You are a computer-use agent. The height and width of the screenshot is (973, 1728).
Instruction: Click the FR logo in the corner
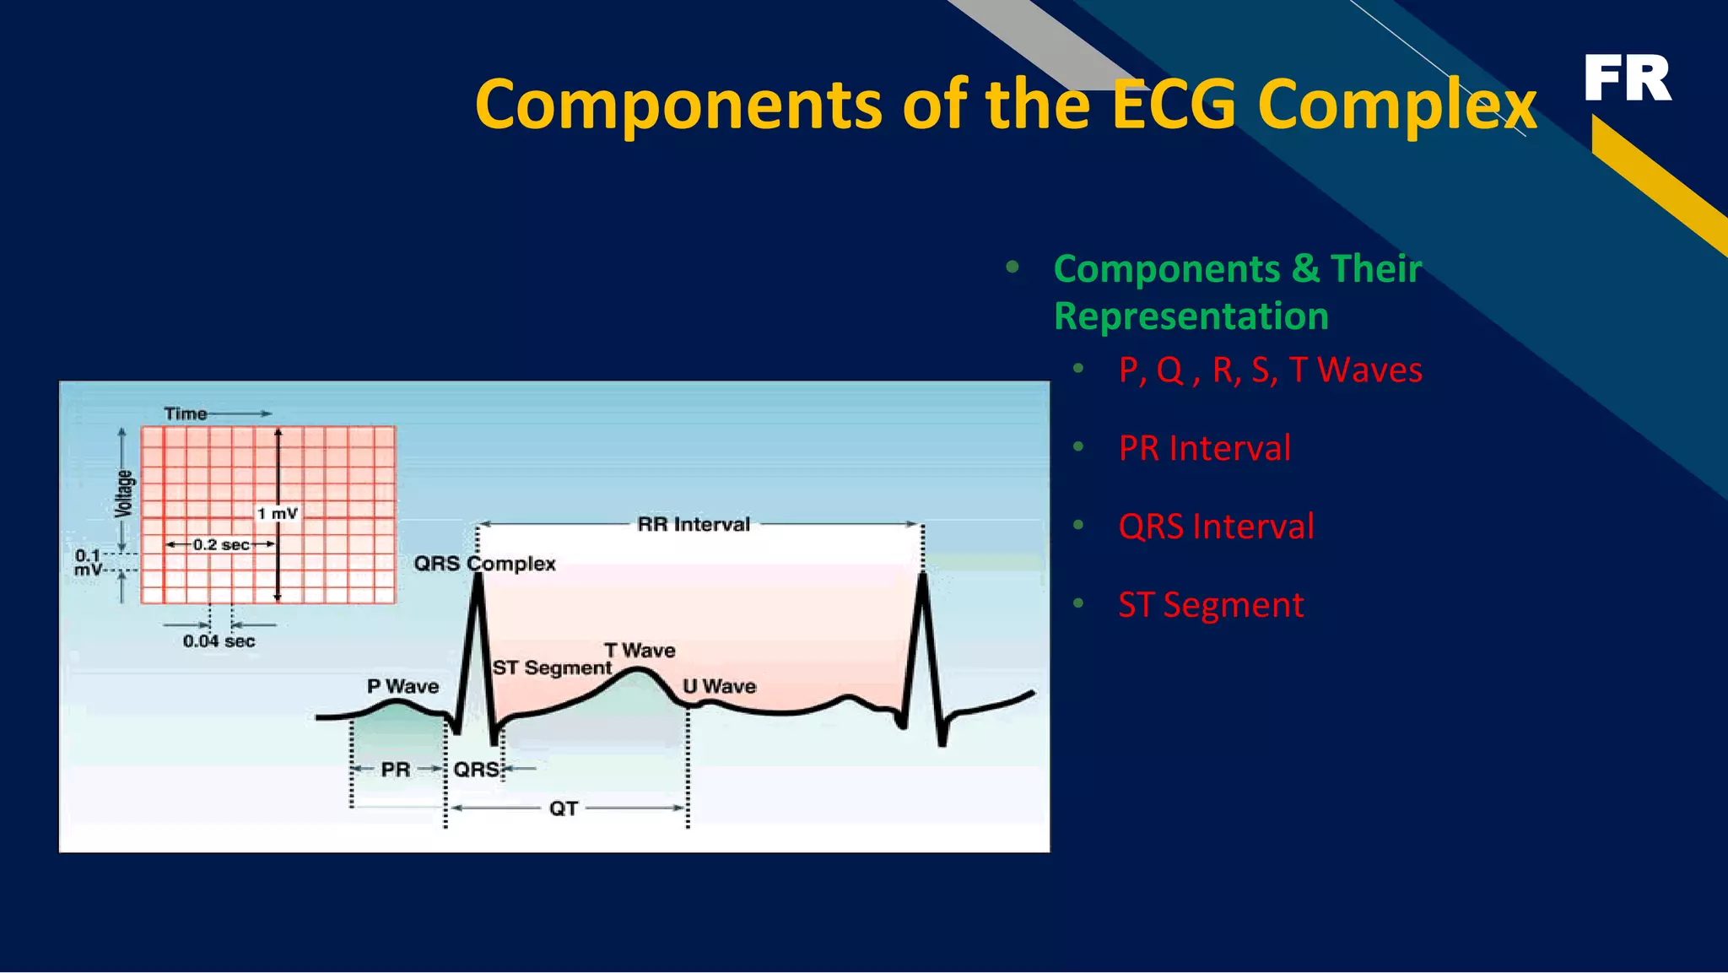click(x=1627, y=78)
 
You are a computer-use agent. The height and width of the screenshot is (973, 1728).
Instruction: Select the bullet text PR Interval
click(x=1204, y=448)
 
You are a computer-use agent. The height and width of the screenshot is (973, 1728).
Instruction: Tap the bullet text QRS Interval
click(x=1216, y=527)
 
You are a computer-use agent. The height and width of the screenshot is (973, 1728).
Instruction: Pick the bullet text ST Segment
click(x=1211, y=605)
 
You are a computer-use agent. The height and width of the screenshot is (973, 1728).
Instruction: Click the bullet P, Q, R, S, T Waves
click(x=1270, y=370)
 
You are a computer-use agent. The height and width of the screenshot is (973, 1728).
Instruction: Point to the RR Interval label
click(x=694, y=524)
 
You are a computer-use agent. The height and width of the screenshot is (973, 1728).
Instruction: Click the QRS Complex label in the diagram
click(x=484, y=563)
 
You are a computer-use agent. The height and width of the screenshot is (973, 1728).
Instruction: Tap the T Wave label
click(x=640, y=651)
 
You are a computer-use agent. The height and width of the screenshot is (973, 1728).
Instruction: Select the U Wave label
click(x=720, y=686)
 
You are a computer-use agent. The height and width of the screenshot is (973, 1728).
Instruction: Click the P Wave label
click(x=402, y=686)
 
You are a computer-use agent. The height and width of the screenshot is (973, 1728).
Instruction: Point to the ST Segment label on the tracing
click(x=552, y=668)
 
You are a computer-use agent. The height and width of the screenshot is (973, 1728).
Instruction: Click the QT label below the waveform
click(x=564, y=808)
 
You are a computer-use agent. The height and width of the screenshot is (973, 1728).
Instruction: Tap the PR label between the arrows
click(x=395, y=770)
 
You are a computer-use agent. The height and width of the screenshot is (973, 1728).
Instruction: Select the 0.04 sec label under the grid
click(x=219, y=641)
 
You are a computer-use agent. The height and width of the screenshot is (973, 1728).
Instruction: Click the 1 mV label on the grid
click(x=278, y=513)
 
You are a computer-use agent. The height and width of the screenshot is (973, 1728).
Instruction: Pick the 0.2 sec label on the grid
click(x=221, y=545)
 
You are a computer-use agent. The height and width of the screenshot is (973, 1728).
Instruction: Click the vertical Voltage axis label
click(x=124, y=494)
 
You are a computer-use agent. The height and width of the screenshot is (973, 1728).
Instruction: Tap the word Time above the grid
click(x=186, y=414)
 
